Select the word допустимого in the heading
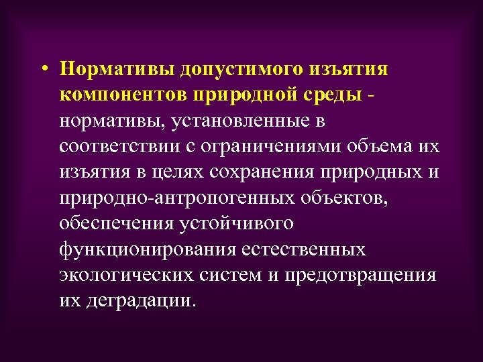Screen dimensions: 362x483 tap(239, 70)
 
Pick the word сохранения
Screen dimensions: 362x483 tap(264, 172)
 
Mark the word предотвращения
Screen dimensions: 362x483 tap(360, 274)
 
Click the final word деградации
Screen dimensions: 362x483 tap(142, 300)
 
